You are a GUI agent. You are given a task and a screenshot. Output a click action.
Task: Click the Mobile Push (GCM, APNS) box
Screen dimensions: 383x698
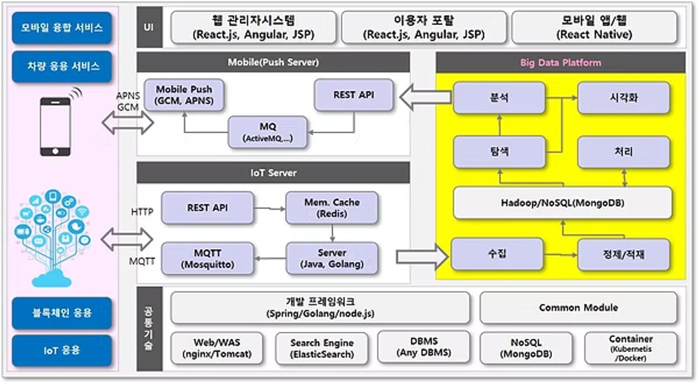coord(184,95)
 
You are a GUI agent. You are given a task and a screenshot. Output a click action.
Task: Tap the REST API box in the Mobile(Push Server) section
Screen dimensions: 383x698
coord(353,95)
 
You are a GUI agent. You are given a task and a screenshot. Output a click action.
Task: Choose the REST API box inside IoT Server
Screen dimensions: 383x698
coord(207,208)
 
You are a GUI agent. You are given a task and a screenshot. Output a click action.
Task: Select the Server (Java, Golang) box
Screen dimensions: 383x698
coord(332,258)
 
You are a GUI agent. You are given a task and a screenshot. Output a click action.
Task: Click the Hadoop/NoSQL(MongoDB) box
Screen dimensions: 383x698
coord(562,203)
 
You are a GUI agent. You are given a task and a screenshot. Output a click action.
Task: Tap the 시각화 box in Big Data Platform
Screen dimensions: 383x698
coord(623,98)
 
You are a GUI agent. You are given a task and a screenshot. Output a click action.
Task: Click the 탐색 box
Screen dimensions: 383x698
coord(499,152)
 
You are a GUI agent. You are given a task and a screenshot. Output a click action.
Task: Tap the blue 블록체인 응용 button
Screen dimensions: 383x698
coord(61,313)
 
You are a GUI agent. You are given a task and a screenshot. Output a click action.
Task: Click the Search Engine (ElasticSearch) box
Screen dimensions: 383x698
coord(322,348)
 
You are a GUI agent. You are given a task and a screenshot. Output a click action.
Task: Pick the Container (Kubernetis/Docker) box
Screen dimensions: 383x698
coord(631,347)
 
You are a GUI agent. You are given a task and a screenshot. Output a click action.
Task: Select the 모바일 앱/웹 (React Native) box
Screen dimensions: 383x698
coord(594,27)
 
